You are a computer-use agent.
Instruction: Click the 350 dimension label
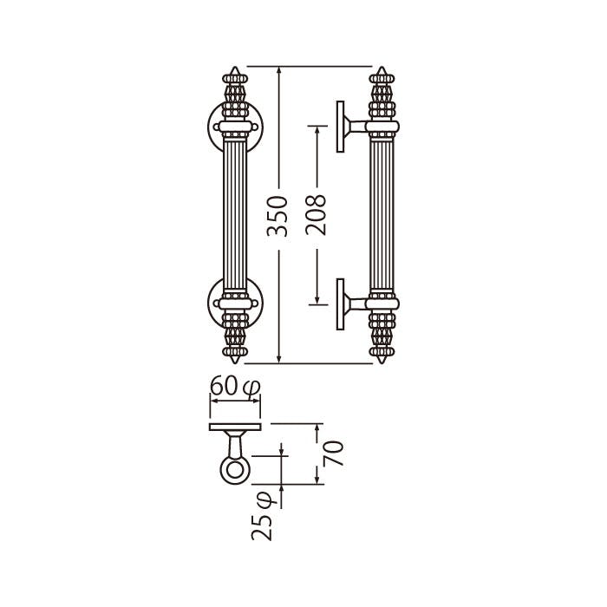[277, 216]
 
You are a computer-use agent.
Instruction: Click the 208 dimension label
[316, 215]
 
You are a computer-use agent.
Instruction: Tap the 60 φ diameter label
[235, 386]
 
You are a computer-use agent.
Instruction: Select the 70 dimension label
[334, 454]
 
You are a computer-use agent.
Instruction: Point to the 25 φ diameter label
[262, 516]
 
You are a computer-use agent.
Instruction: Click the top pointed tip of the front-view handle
[235, 67]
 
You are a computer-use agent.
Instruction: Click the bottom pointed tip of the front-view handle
[235, 363]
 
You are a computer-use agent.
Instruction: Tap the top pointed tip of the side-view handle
[382, 67]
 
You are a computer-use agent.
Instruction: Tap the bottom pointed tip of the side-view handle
[382, 363]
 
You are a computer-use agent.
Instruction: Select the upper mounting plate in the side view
[340, 127]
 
